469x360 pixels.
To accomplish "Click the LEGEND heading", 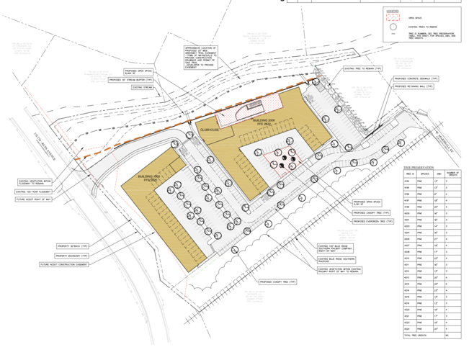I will (392, 12).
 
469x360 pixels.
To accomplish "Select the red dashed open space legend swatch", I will (393, 18).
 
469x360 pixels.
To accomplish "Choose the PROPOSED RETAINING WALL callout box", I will (414, 86).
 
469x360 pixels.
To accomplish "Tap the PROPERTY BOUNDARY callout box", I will (72, 256).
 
